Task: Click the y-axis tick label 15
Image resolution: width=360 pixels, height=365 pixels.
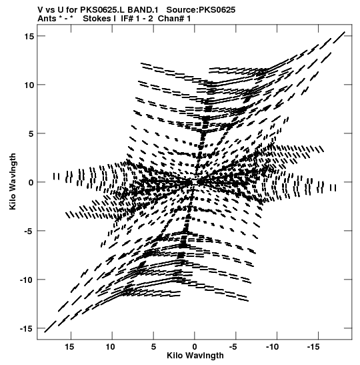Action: [x=29, y=36]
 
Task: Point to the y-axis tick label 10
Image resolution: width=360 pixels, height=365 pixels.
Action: [x=29, y=85]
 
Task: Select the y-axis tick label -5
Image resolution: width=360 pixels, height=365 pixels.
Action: [x=27, y=231]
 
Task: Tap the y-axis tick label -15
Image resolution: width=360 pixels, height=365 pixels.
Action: [x=27, y=328]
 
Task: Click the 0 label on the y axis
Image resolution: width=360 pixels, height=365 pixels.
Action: [x=31, y=182]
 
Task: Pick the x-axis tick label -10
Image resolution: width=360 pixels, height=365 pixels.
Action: [x=272, y=347]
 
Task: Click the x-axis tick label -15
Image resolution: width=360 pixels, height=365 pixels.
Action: [x=313, y=347]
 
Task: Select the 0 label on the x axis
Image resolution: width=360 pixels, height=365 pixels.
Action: [x=195, y=347]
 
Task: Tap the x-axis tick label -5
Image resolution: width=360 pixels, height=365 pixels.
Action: [x=233, y=347]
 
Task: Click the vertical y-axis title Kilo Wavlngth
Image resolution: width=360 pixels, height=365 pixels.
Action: [x=13, y=181]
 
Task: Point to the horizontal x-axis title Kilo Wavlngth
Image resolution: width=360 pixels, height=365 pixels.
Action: [x=195, y=356]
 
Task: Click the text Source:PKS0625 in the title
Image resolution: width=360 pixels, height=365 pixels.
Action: [x=201, y=10]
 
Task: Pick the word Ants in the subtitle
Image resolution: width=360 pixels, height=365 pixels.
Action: [x=47, y=19]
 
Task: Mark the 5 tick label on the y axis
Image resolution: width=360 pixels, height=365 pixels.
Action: [x=31, y=133]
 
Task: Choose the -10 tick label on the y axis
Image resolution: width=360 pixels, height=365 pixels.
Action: [x=27, y=280]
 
